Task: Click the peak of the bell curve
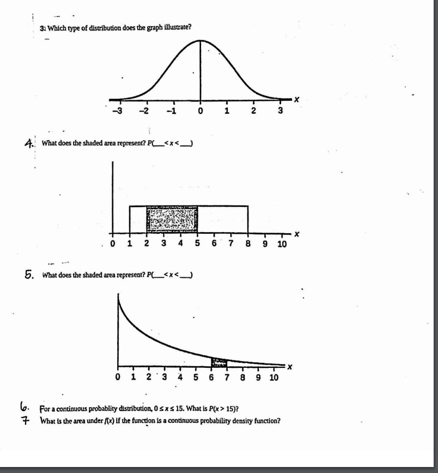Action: (x=200, y=41)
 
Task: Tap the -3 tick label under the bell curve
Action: (x=116, y=111)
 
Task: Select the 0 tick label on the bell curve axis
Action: (x=200, y=112)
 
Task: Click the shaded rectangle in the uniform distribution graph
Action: (x=172, y=219)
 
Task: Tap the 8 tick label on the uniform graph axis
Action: (x=248, y=243)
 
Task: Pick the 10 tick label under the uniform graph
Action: (x=281, y=244)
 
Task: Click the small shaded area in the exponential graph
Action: (x=219, y=362)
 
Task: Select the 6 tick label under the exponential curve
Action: (x=211, y=377)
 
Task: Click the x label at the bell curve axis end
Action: (x=297, y=100)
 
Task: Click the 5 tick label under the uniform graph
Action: (x=197, y=243)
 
